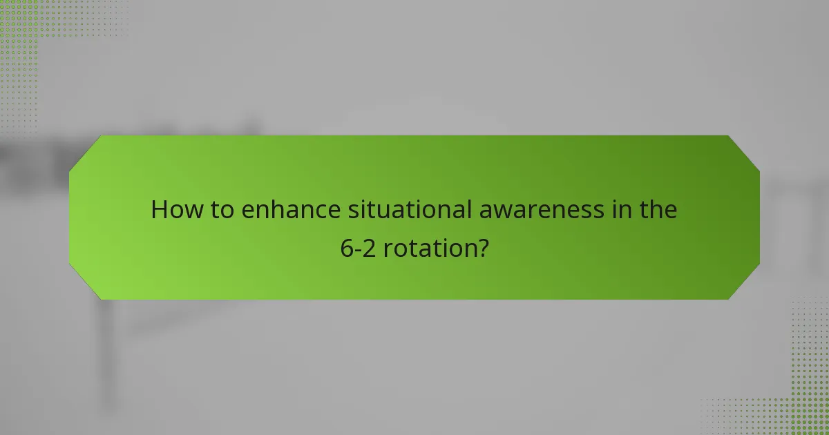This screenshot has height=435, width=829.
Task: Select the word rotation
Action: (x=428, y=248)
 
